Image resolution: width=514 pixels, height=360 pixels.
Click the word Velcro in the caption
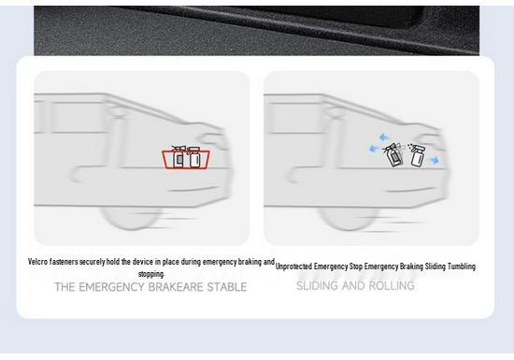click(37, 262)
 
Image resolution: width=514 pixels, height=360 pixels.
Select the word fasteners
click(64, 262)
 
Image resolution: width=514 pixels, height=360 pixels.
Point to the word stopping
click(151, 274)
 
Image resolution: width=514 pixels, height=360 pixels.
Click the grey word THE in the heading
click(64, 287)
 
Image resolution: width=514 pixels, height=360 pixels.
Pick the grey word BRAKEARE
click(176, 287)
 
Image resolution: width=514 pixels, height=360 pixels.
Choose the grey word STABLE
click(227, 287)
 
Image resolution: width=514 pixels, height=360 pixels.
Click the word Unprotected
click(293, 266)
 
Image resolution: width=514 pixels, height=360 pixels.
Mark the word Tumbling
click(462, 266)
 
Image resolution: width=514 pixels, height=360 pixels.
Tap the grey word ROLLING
click(392, 285)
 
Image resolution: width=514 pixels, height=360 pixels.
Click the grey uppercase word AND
click(353, 285)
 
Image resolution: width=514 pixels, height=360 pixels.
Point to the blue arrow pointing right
click(434, 160)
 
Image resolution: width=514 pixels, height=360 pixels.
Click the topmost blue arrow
click(384, 137)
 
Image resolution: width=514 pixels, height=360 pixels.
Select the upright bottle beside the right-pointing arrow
click(417, 155)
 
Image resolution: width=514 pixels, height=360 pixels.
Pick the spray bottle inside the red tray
click(178, 157)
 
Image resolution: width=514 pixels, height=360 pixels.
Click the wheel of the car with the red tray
click(131, 217)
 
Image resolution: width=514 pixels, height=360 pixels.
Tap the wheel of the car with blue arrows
click(349, 218)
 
